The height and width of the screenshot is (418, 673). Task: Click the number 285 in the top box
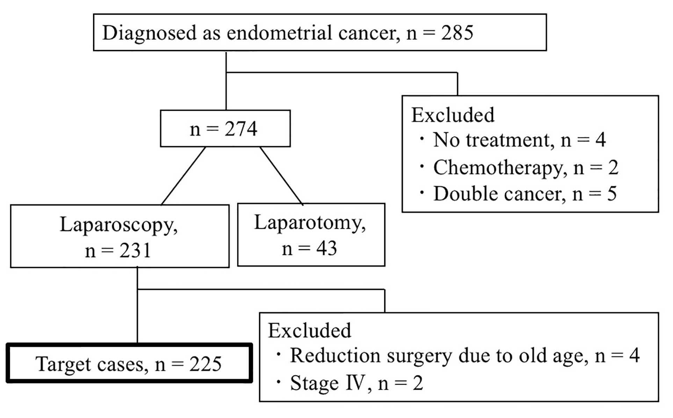pos(457,33)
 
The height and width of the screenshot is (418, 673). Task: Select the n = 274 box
pos(225,128)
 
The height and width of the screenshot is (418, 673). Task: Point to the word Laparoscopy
pos(118,225)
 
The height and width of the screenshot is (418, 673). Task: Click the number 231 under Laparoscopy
pos(135,251)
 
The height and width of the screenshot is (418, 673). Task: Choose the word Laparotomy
pos(310,223)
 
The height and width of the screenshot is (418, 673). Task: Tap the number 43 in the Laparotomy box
pos(326,248)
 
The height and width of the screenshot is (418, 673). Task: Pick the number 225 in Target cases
pos(205,364)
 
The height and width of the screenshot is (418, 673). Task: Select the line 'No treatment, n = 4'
pos(519,140)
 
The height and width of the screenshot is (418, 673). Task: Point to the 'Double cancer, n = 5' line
pos(525,194)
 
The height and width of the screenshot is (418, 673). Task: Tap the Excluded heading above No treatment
pos(453,115)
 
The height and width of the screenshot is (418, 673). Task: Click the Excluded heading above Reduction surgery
pos(310,330)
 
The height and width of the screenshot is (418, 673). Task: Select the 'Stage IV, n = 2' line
pos(356,383)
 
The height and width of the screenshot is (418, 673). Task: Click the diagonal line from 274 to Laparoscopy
pos(183,176)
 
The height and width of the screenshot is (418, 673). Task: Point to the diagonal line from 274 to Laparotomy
pos(281,175)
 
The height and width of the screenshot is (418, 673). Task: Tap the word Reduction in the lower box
pos(335,355)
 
